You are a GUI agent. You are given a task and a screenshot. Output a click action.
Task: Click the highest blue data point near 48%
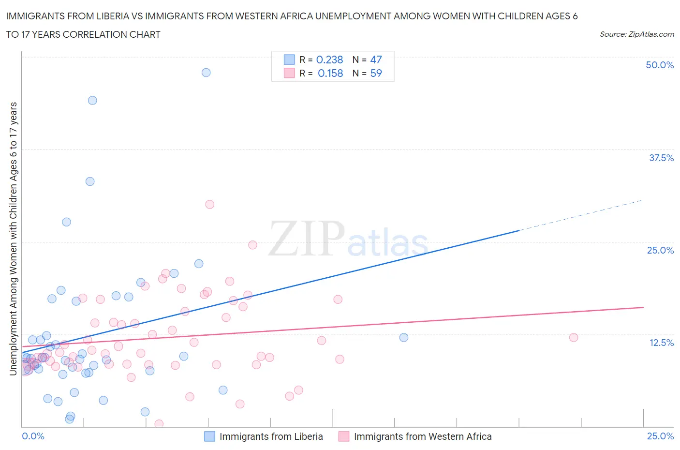coord(206,73)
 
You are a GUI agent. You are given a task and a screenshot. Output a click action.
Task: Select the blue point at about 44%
coord(92,101)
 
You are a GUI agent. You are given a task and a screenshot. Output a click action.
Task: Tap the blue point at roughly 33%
coord(90,181)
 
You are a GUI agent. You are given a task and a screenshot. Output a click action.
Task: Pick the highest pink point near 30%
coord(209,204)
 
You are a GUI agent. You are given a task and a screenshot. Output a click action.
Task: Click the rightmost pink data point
coord(574,337)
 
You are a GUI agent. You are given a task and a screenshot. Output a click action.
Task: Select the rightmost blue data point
coord(404,337)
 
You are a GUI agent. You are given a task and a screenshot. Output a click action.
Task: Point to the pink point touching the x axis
coord(159,424)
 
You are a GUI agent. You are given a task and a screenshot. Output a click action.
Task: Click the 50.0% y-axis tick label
coord(660,65)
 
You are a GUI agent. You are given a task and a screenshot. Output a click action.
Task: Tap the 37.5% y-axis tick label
coord(661,158)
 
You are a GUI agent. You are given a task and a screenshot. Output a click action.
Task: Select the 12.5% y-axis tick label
coord(661,343)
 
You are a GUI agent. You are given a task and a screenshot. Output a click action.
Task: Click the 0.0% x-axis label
coord(33,436)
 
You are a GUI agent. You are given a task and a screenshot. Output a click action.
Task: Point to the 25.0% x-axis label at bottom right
coord(660,436)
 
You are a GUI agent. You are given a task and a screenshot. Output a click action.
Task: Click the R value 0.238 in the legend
coord(329,60)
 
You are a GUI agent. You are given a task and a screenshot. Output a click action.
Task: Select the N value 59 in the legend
coord(376,73)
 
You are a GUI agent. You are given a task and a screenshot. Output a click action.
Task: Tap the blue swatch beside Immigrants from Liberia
coord(209,436)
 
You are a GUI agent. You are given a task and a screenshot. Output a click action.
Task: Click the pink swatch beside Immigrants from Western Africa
coord(344,436)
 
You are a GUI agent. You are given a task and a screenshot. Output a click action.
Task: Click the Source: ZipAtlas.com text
coord(636,34)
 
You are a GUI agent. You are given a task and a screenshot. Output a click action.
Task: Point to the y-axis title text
coord(13,239)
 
